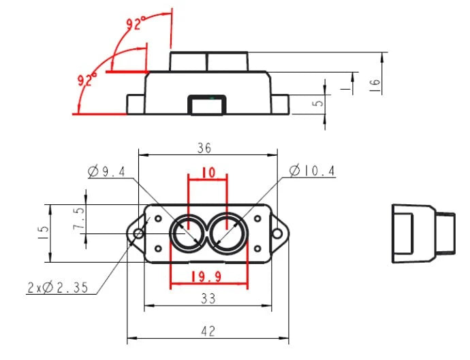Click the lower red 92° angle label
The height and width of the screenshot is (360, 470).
pyautogui.click(x=87, y=80)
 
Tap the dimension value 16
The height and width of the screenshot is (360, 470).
pyautogui.click(x=375, y=84)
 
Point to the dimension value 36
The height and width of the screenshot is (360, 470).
pyautogui.click(x=204, y=148)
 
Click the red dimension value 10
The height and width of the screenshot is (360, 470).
pyautogui.click(x=208, y=173)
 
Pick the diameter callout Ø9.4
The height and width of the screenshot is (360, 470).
pyautogui.click(x=108, y=172)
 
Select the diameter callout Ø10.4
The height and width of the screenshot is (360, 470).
pyautogui.click(x=312, y=171)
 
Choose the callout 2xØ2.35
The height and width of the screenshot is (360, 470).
pyautogui.click(x=58, y=288)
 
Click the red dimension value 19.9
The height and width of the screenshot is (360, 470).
pyautogui.click(x=208, y=278)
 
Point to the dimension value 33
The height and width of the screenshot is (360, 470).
pyautogui.click(x=208, y=298)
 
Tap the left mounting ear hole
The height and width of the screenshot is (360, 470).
pyautogui.click(x=138, y=233)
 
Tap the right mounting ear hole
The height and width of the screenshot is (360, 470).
pyautogui.click(x=277, y=233)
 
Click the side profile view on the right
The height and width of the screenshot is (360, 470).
pyautogui.click(x=422, y=233)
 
